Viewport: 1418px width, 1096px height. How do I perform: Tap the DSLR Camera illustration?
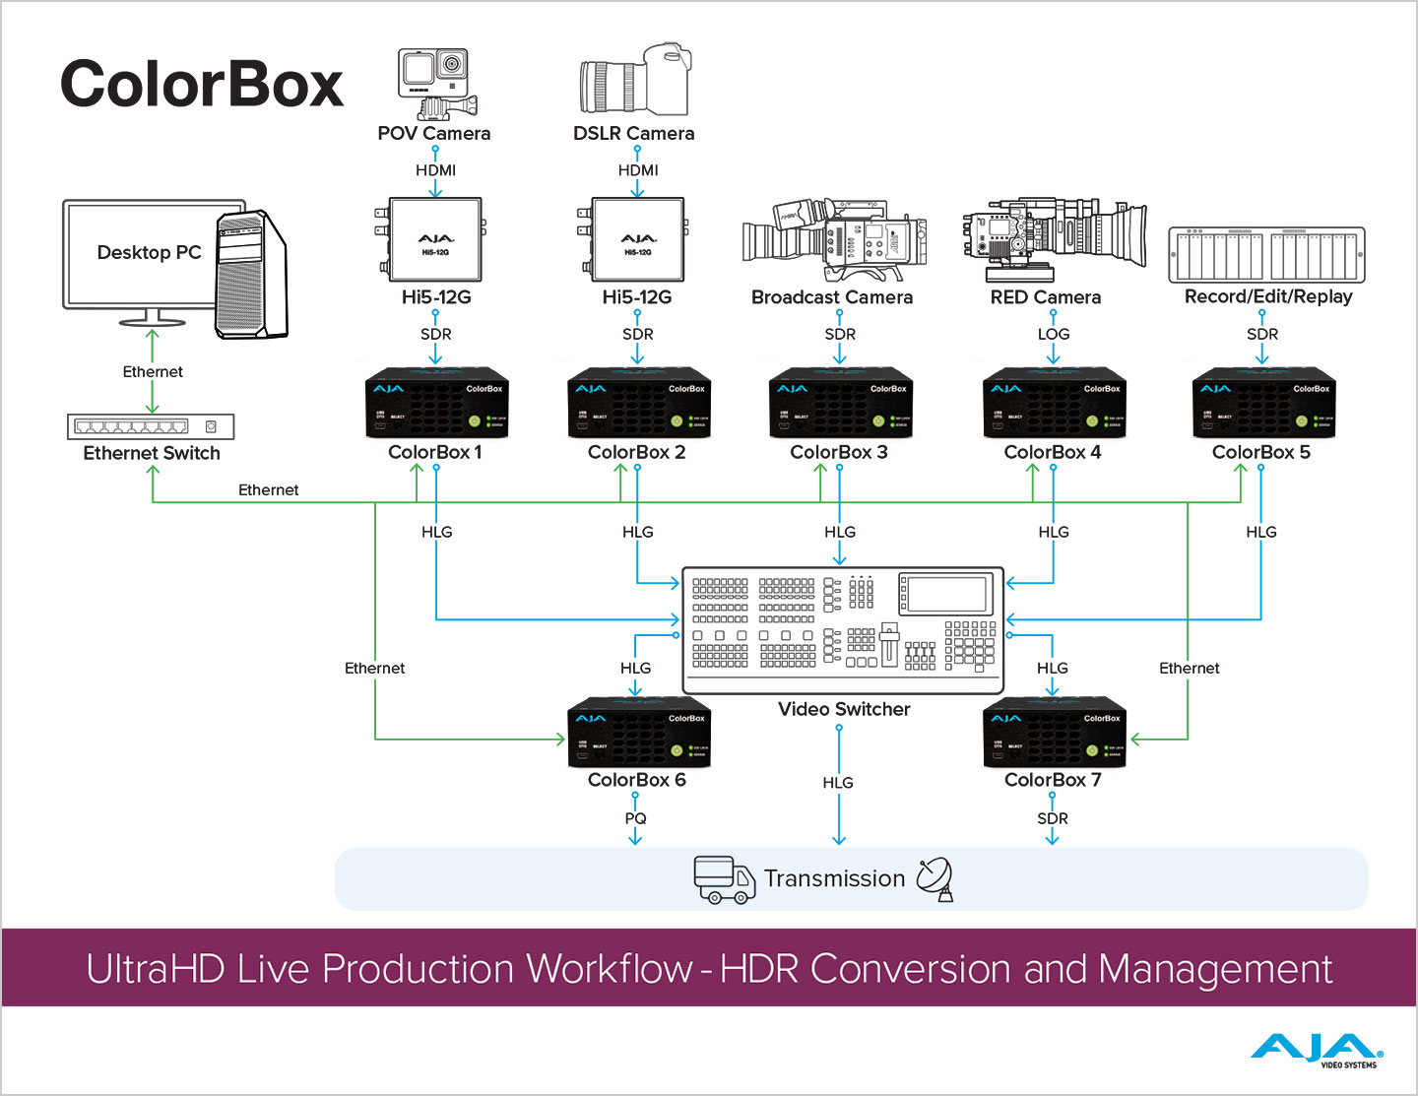(x=634, y=81)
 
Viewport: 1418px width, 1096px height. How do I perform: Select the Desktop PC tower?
(x=251, y=275)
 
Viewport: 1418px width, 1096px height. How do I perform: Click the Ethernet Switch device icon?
(x=151, y=426)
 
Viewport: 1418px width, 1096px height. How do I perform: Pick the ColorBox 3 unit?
(x=840, y=404)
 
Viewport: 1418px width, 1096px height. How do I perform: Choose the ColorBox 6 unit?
(x=638, y=734)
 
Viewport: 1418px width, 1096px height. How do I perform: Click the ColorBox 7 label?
(x=1053, y=780)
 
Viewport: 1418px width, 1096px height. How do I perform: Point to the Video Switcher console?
(x=843, y=629)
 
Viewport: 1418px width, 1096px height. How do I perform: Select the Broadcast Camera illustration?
(x=834, y=239)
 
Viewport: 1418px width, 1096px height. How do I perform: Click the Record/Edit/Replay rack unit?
(x=1266, y=255)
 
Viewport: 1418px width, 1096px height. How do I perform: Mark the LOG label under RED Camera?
(x=1053, y=334)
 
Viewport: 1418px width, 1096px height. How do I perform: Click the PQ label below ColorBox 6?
(x=635, y=818)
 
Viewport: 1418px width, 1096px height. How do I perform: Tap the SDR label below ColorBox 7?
(x=1052, y=818)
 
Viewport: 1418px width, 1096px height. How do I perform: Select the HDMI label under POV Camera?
(x=435, y=170)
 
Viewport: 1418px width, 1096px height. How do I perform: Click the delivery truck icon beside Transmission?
(x=724, y=878)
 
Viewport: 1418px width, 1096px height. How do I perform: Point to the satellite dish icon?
(x=935, y=878)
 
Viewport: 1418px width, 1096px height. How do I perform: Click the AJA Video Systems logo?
(x=1317, y=1051)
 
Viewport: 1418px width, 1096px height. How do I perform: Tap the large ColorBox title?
(x=202, y=84)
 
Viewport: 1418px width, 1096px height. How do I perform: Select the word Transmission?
(x=834, y=878)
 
